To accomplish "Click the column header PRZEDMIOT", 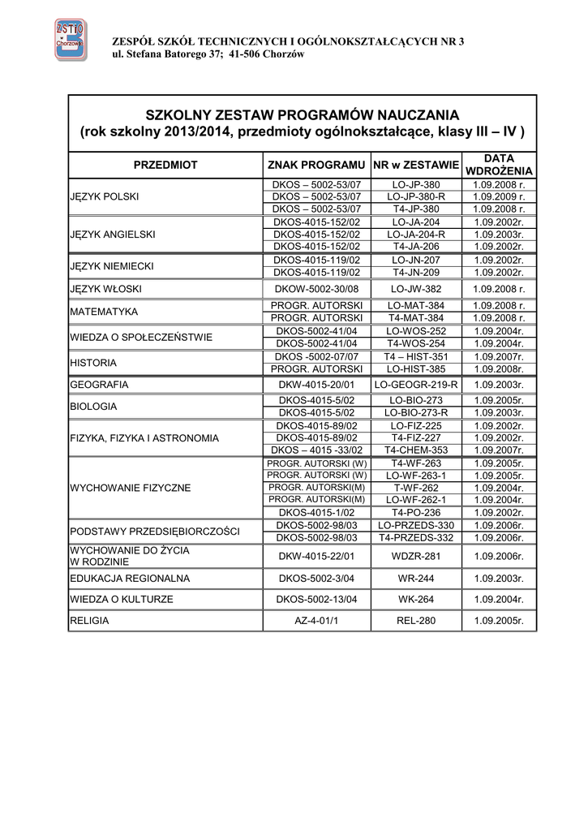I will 165,165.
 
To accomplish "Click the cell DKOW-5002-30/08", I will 316,289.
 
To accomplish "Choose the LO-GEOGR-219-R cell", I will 415,385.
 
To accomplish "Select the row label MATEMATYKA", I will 104,312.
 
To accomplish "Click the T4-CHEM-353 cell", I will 415,450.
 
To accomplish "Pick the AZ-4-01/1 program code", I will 316,621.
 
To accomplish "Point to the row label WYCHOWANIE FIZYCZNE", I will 131,488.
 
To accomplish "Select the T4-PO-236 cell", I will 415,513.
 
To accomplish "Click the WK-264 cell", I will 415,600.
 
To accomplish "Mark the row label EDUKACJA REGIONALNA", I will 130,579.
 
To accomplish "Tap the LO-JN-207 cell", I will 415,260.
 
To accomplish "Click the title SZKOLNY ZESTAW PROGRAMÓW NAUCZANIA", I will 302,114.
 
